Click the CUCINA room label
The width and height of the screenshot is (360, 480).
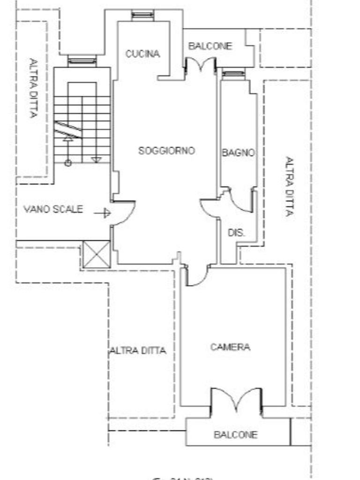(x=142, y=54)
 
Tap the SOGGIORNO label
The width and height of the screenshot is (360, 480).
(x=166, y=151)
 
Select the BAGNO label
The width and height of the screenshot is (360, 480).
(x=238, y=153)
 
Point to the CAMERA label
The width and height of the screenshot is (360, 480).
(x=230, y=347)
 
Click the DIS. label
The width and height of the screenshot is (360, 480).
(x=237, y=232)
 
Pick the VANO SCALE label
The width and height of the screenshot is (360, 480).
(x=53, y=210)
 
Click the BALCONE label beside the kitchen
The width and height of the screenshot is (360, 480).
(x=210, y=46)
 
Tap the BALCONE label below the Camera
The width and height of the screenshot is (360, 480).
(x=235, y=435)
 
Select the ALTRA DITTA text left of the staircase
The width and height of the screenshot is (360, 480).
(x=33, y=88)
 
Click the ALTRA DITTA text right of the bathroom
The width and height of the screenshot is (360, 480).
(x=290, y=186)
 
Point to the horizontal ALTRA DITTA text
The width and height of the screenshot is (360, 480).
(x=138, y=351)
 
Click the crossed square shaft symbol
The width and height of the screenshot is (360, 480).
(x=97, y=255)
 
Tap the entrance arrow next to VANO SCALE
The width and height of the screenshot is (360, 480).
(x=102, y=213)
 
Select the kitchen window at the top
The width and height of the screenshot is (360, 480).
(x=142, y=15)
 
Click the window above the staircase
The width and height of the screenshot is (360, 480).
(x=82, y=60)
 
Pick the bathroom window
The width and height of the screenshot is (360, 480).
(x=233, y=74)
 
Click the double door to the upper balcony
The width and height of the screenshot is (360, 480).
(x=201, y=65)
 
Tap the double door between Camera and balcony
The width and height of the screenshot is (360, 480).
(x=236, y=400)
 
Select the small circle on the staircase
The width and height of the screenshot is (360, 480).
(x=68, y=163)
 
